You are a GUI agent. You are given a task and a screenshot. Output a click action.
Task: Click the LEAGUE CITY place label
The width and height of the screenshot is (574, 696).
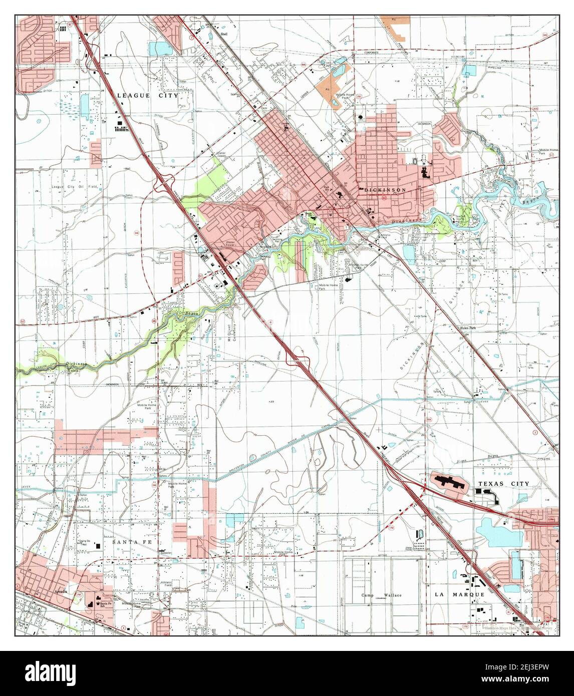pos(147,95)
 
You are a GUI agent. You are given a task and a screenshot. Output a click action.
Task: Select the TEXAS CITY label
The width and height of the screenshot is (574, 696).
pos(503,483)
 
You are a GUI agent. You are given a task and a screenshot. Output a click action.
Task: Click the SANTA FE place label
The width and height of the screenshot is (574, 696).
pos(127,542)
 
